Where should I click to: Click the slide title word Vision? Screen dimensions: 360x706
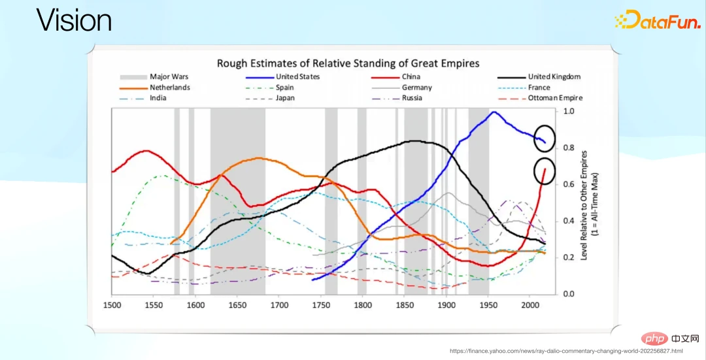point(74,20)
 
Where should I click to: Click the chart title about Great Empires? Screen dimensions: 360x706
point(348,63)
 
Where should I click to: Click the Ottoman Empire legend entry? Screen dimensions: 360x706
point(554,98)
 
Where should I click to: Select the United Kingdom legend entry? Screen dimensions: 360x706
point(554,76)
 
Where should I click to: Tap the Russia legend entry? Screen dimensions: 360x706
point(412,98)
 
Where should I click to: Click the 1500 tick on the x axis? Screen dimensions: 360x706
point(112,305)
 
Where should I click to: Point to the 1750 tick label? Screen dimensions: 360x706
point(321,305)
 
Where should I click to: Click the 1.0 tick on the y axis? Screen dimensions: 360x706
point(569,112)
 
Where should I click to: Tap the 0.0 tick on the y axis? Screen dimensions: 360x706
point(569,294)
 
